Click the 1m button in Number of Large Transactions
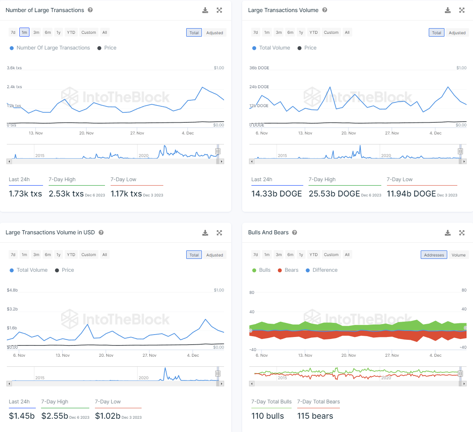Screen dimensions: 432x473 25,32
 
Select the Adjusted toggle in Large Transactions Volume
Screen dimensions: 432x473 457,33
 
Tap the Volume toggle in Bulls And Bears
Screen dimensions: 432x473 458,255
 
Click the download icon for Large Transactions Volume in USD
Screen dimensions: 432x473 205,233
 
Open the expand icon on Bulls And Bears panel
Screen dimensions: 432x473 462,233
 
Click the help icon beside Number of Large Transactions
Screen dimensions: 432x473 90,10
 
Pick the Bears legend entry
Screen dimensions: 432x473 288,270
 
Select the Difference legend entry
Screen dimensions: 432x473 321,270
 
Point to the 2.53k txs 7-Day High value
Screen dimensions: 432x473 66,194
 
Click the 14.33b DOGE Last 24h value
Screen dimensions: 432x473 276,194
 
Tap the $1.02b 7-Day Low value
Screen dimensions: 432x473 107,416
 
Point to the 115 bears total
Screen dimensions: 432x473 315,416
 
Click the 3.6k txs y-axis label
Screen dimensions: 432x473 14,68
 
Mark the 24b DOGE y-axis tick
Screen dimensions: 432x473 259,87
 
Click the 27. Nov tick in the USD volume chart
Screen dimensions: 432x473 149,356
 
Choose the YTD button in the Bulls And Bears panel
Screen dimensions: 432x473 313,254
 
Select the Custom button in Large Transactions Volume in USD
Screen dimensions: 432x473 88,254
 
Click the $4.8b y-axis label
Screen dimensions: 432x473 12,290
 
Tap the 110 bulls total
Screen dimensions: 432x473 267,416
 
